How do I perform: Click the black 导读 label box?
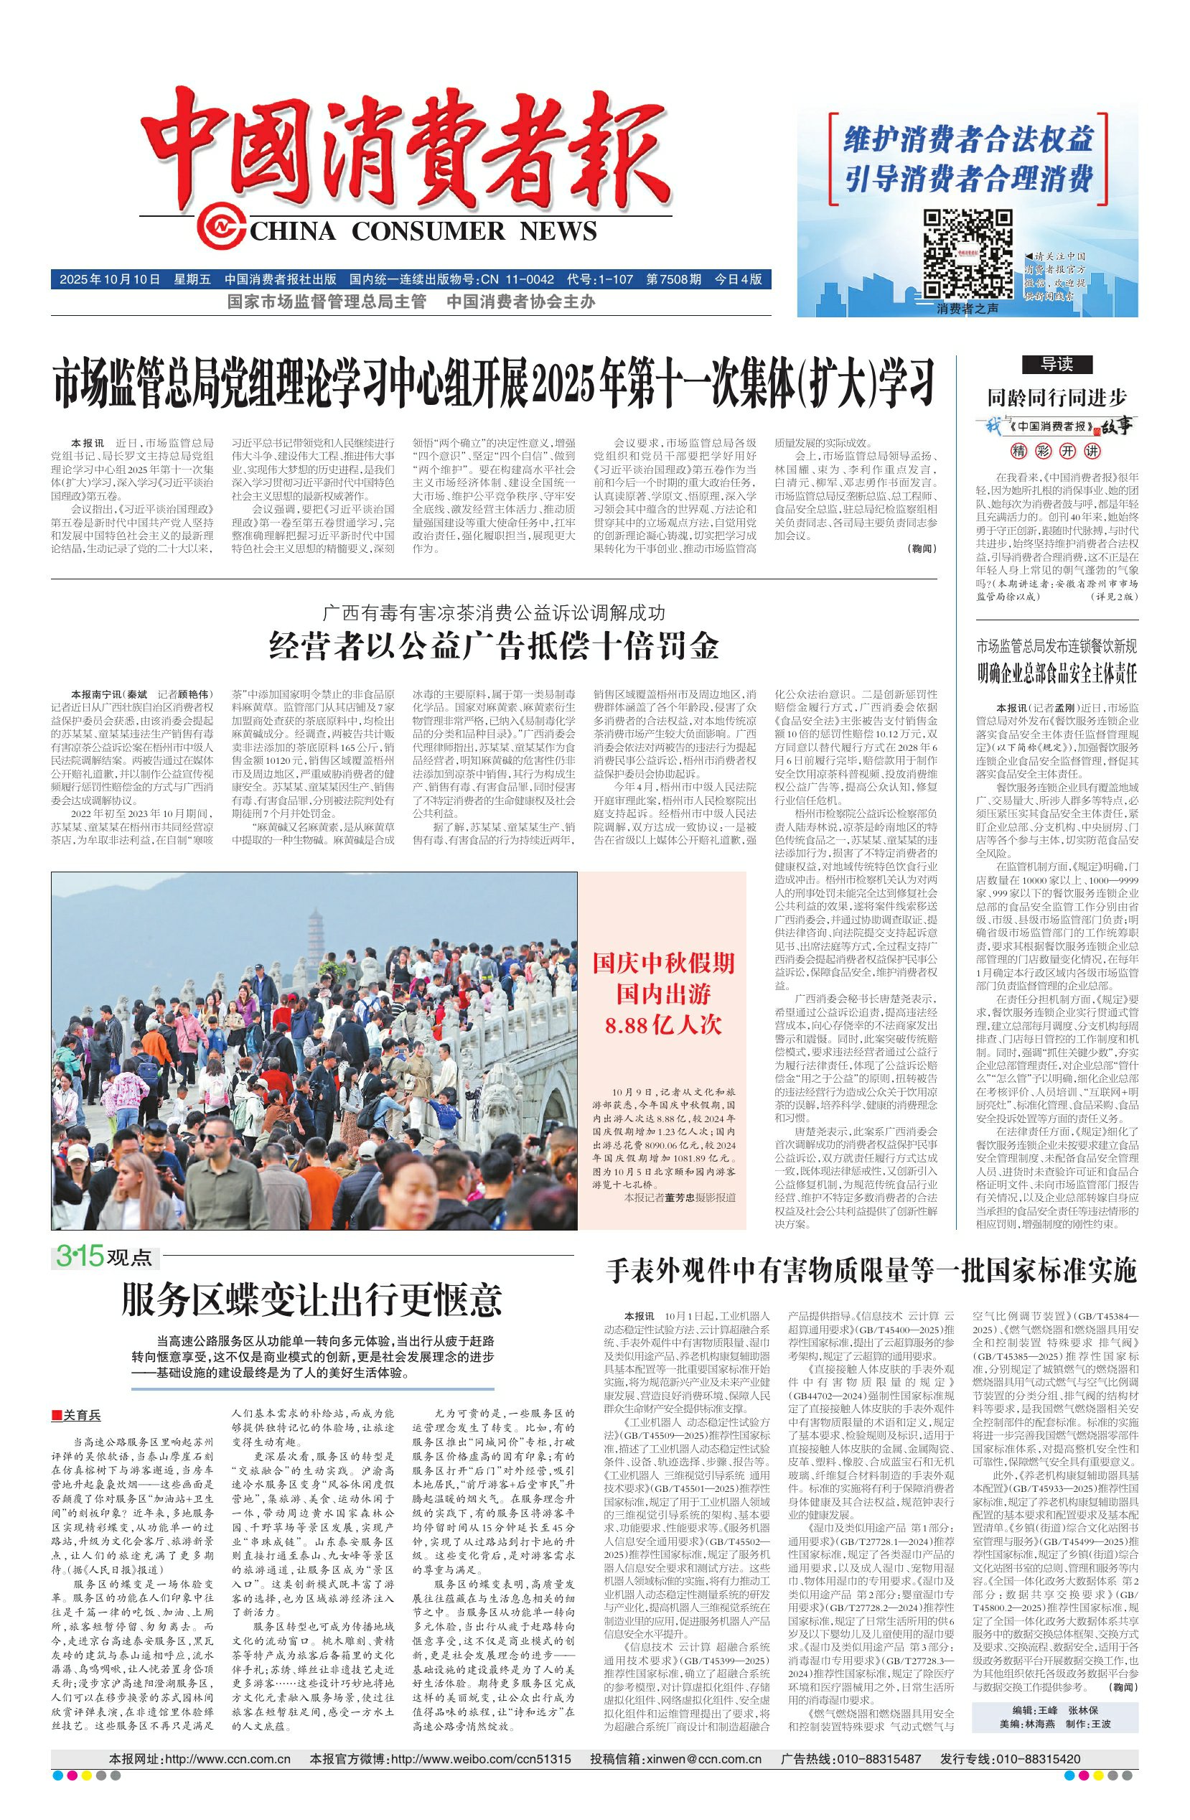[1057, 364]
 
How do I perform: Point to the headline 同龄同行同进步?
[1057, 397]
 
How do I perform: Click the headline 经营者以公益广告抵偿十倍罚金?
[494, 647]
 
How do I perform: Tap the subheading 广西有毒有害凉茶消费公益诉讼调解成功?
[494, 612]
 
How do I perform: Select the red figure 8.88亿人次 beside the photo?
[662, 1025]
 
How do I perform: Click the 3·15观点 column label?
[103, 1256]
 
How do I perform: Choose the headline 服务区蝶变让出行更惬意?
[311, 1300]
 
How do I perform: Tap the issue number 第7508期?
[673, 279]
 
